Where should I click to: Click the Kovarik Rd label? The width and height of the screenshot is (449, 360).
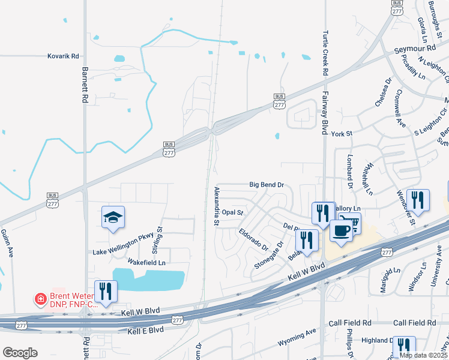pyautogui.click(x=63, y=56)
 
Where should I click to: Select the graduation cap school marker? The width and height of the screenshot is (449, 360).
pyautogui.click(x=112, y=218)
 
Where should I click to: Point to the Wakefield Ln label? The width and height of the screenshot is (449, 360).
pyautogui.click(x=146, y=262)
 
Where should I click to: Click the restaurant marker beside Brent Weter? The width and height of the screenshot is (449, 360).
pyautogui.click(x=106, y=292)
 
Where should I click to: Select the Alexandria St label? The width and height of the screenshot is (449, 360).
pyautogui.click(x=217, y=206)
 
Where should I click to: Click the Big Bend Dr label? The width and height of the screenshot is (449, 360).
pyautogui.click(x=267, y=185)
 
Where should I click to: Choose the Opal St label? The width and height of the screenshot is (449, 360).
pyautogui.click(x=232, y=212)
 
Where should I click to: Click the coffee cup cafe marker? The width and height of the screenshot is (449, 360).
pyautogui.click(x=341, y=231)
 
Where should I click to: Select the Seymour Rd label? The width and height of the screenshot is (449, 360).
pyautogui.click(x=414, y=48)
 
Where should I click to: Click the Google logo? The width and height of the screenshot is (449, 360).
pyautogui.click(x=20, y=353)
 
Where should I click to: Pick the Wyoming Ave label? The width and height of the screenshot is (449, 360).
pyautogui.click(x=297, y=341)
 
